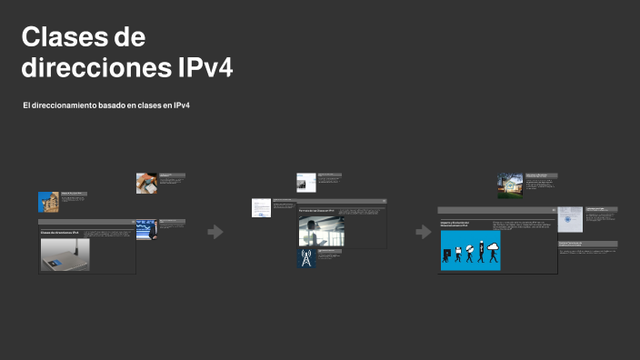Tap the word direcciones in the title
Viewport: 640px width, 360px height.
coord(93,68)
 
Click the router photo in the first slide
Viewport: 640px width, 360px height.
coord(65,255)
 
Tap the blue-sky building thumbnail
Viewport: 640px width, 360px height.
coord(48,202)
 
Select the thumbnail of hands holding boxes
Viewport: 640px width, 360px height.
coord(146,183)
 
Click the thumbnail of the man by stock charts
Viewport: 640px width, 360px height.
coord(146,228)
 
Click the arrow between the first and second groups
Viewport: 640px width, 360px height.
coord(215,232)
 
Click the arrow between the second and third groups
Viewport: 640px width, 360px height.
coord(423,232)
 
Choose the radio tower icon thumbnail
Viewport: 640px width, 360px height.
coord(305,258)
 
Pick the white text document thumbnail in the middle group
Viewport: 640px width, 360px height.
coord(261,207)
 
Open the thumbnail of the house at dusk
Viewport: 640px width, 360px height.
coord(510,185)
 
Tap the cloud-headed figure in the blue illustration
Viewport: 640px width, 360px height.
coord(493,248)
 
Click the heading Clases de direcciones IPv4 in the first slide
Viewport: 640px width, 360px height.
coord(59,233)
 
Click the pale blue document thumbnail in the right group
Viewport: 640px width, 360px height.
coord(570,219)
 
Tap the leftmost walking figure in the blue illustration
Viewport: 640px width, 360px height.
coord(447,255)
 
